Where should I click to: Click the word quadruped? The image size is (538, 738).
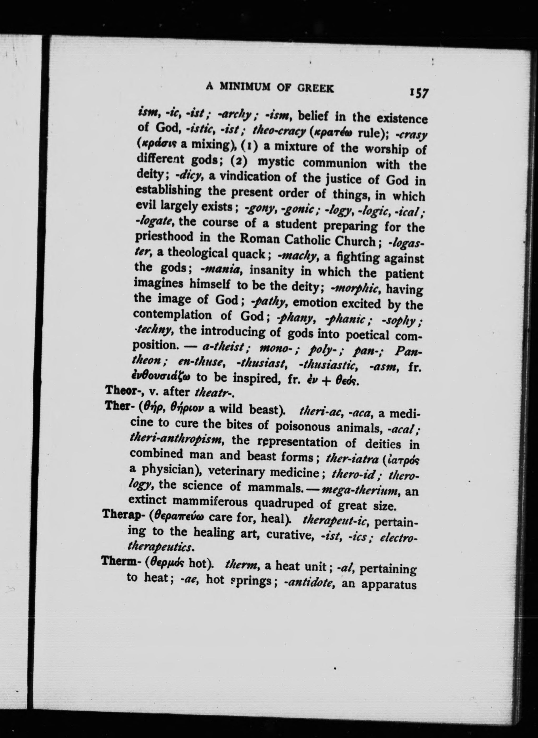(293, 504)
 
